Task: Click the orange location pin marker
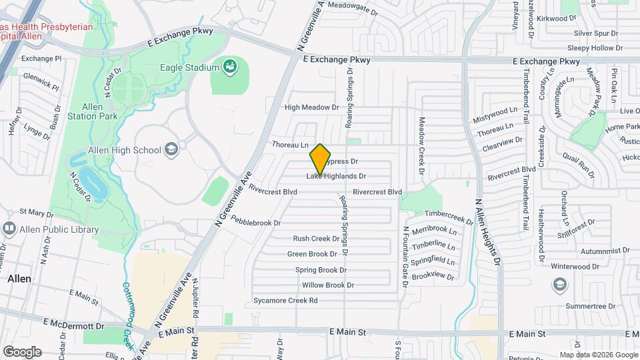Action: tap(321, 159)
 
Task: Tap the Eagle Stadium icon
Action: tap(230, 67)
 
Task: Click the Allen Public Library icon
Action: tap(9, 229)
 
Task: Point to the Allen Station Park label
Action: tap(92, 111)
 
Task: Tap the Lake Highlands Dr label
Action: tap(337, 177)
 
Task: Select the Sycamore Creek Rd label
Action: tap(285, 301)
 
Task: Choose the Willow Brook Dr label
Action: tap(327, 285)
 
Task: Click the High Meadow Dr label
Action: tap(312, 107)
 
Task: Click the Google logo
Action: tap(22, 351)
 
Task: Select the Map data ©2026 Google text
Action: tap(598, 355)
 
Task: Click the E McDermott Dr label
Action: tap(73, 327)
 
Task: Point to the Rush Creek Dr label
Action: tap(317, 239)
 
